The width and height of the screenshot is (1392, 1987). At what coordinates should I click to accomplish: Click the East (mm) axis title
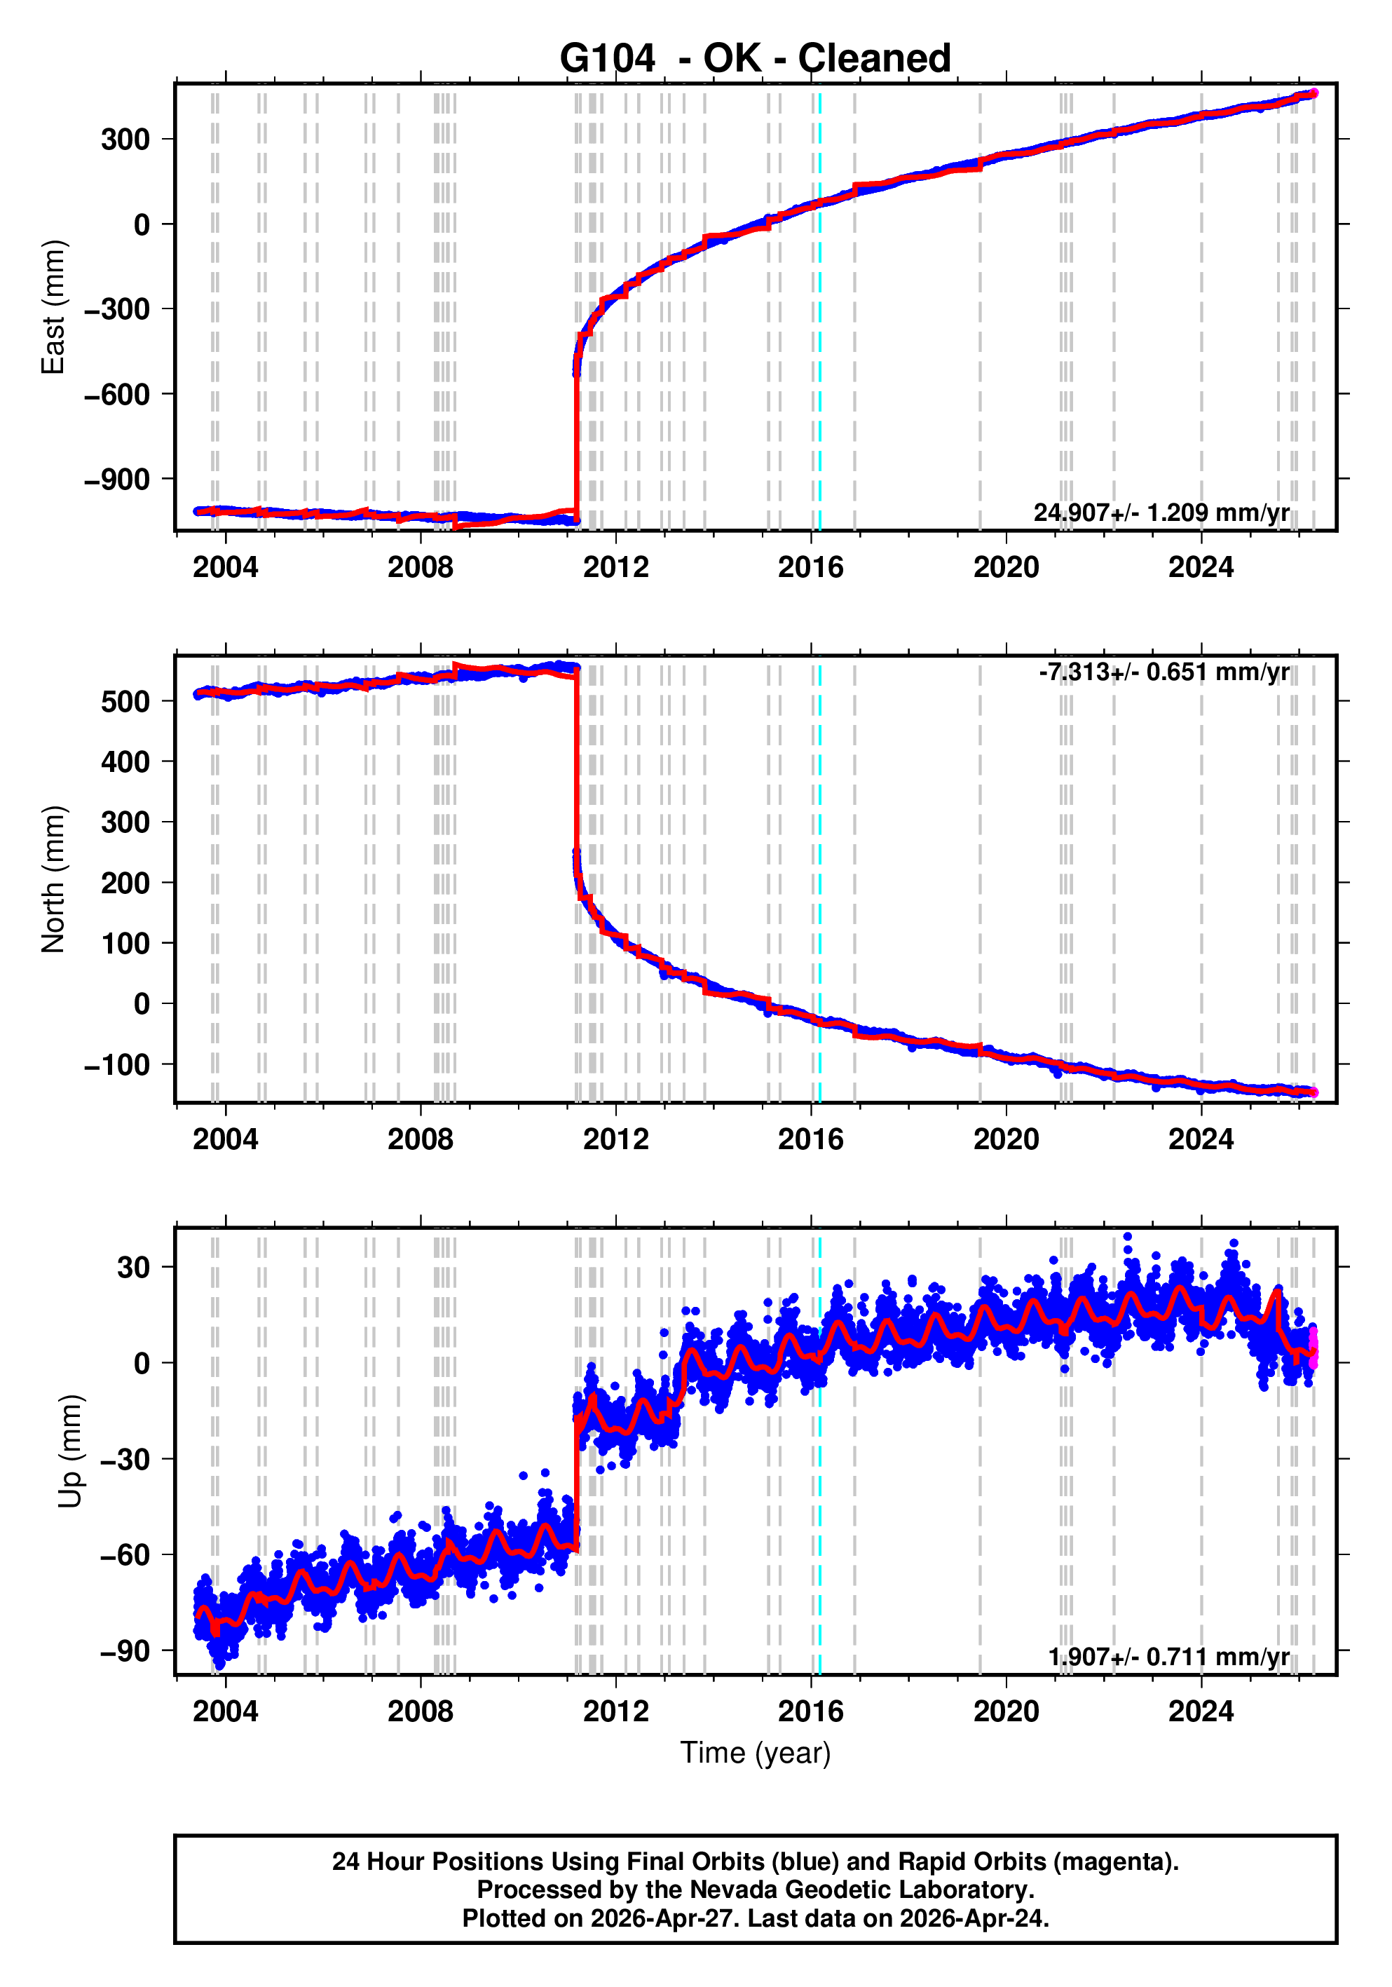[x=54, y=307]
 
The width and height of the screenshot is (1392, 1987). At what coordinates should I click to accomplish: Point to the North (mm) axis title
[x=54, y=879]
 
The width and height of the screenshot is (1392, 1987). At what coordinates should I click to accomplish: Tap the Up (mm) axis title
[x=71, y=1451]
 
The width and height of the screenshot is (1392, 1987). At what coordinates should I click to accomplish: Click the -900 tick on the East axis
[x=117, y=480]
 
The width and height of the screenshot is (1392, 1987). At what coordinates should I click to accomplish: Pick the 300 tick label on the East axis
[x=125, y=140]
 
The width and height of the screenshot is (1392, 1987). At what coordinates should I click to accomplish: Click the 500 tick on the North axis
[x=125, y=702]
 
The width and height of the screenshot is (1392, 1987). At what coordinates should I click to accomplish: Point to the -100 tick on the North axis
[x=117, y=1065]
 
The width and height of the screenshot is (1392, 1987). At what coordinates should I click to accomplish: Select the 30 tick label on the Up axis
[x=134, y=1268]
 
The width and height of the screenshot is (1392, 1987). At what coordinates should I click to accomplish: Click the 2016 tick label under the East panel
[x=811, y=568]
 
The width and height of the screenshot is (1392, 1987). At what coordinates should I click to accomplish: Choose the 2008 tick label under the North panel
[x=421, y=1140]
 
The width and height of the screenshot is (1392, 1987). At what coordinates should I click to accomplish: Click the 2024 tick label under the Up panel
[x=1201, y=1711]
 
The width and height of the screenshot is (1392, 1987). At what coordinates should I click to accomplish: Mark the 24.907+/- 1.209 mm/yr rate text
[x=1161, y=513]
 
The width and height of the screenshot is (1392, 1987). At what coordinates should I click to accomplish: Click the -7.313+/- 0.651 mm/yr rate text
[x=1164, y=672]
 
